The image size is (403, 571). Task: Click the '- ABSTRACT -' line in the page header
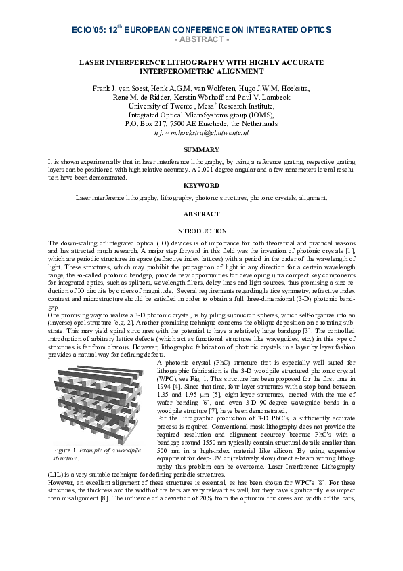pos(201,39)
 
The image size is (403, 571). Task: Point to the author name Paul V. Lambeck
pos(261,98)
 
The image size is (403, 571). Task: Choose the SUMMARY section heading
pos(201,149)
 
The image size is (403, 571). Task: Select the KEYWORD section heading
pos(201,184)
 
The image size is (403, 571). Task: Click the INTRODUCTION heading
pos(201,231)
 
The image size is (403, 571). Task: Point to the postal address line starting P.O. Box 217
pos(201,124)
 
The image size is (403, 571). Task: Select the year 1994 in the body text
pos(165,385)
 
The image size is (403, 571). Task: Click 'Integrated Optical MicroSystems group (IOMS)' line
pos(201,115)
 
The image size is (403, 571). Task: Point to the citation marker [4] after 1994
pos(179,385)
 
